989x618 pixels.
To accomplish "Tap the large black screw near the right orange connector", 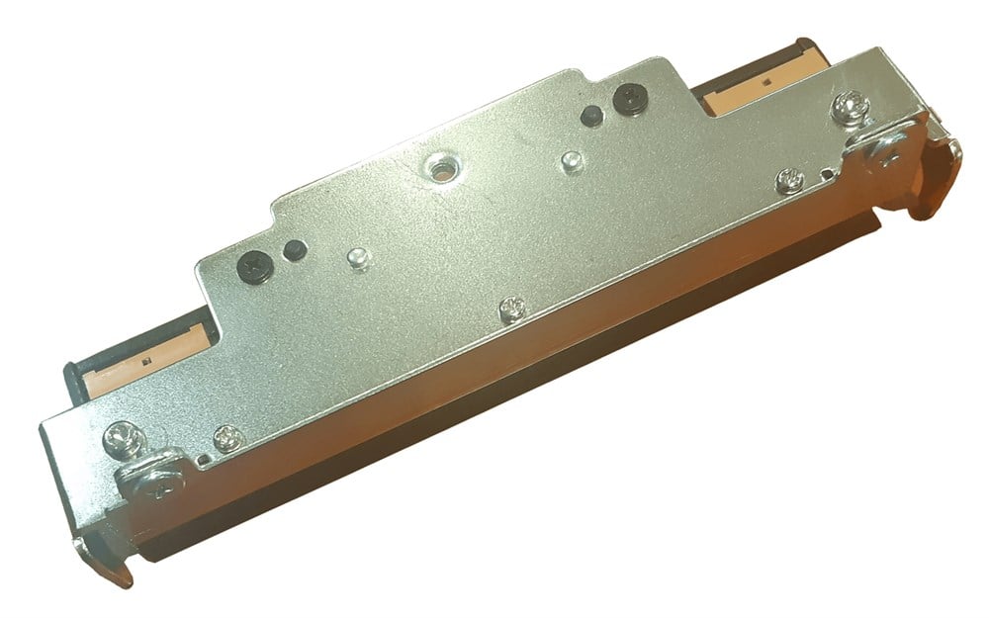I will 628,96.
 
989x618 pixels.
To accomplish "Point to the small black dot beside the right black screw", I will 589,113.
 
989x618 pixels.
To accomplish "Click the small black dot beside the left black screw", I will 291,250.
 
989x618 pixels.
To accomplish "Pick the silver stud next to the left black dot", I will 359,258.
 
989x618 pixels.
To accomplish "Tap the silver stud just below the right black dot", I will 570,159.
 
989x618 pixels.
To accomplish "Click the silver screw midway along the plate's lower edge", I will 511,308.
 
